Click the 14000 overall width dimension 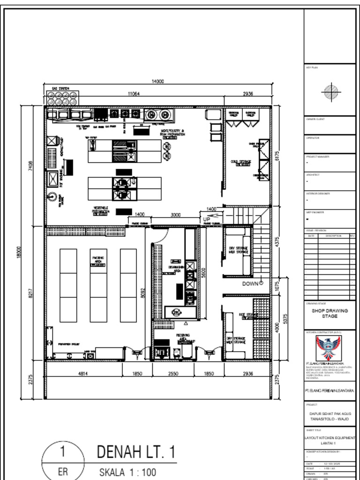point(157,82)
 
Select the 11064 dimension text point(134,94)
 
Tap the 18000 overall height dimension point(19,252)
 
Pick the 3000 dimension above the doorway point(175,215)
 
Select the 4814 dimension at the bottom point(83,374)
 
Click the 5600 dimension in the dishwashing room point(203,273)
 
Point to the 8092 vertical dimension point(143,294)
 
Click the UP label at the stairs point(207,219)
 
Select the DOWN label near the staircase point(251,284)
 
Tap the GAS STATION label point(60,89)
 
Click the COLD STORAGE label point(241,162)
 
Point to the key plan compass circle point(331,90)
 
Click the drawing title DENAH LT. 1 point(136,452)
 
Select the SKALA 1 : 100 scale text point(127,472)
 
